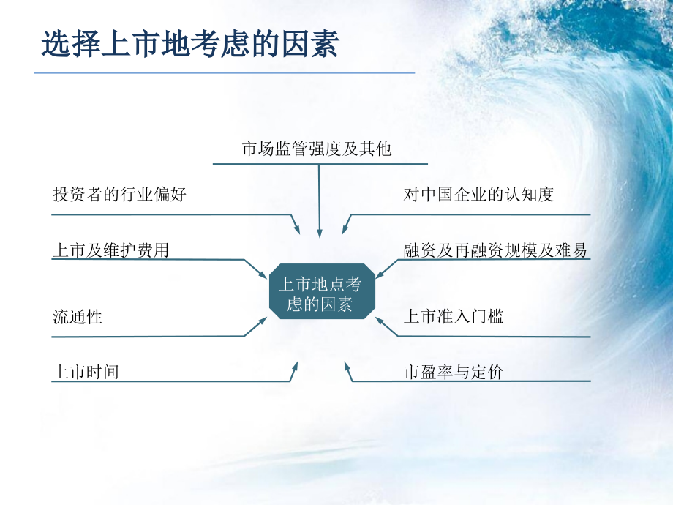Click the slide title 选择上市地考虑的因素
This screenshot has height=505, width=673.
[x=190, y=43]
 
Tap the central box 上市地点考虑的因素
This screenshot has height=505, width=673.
[x=322, y=291]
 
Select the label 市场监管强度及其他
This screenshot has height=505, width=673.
[x=317, y=149]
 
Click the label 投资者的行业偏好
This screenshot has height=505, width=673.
[x=119, y=194]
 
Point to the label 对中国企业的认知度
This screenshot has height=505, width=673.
[x=478, y=194]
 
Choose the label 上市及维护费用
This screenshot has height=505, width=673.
[x=110, y=250]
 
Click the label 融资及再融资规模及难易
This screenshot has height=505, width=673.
[x=495, y=250]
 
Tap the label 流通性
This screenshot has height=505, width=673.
[x=78, y=317]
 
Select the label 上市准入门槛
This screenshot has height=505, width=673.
[x=454, y=316]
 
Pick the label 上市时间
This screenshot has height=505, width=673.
[x=86, y=372]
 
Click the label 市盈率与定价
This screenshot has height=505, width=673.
[x=454, y=372]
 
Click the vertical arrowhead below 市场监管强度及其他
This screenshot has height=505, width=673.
[x=320, y=232]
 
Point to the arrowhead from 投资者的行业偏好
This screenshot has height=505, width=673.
[x=296, y=229]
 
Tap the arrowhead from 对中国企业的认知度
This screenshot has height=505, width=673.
[x=345, y=229]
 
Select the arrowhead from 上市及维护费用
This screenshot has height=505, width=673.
[x=261, y=274]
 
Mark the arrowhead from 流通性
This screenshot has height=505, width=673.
[x=261, y=321]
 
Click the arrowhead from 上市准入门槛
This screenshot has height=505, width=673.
[x=380, y=321]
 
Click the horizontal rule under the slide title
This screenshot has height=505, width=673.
[x=224, y=72]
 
